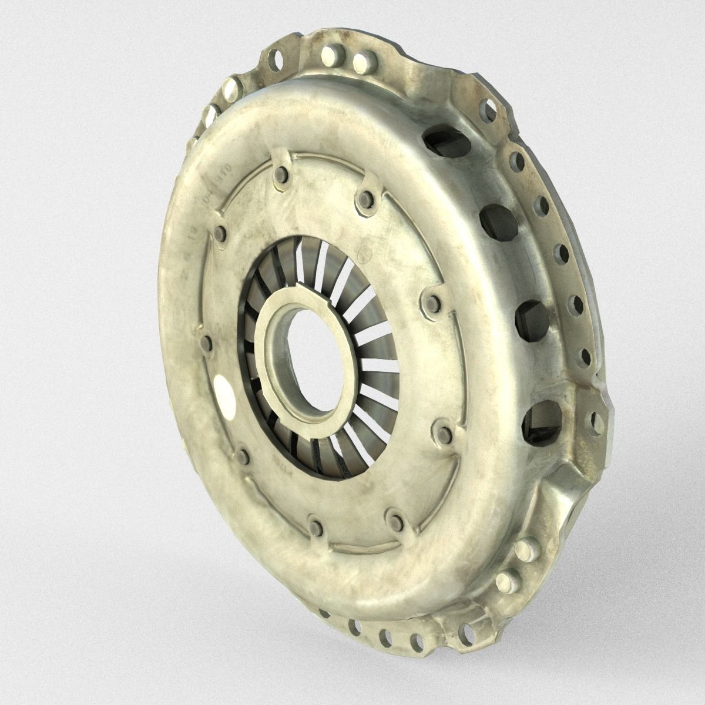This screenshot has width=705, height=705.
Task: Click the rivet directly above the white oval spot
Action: point(205,342)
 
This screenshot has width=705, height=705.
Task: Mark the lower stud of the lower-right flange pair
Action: point(504,583)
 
